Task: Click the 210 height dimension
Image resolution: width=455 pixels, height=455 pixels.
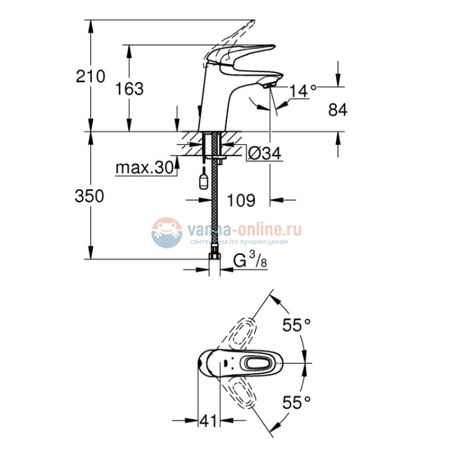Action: pyautogui.click(x=90, y=77)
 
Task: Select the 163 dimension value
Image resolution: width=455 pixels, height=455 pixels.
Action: pyautogui.click(x=129, y=89)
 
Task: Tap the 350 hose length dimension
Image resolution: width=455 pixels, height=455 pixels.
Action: pyautogui.click(x=90, y=197)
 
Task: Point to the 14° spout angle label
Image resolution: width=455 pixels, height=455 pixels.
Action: pyautogui.click(x=302, y=90)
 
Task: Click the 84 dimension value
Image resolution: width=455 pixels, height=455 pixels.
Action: pyautogui.click(x=337, y=110)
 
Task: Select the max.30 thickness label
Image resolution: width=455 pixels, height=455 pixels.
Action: pyautogui.click(x=143, y=168)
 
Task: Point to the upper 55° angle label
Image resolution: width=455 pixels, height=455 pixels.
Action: pyautogui.click(x=297, y=325)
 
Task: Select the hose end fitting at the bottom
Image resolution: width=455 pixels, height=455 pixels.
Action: pyautogui.click(x=215, y=265)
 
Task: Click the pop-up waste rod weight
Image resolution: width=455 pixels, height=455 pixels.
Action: pyautogui.click(x=204, y=183)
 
